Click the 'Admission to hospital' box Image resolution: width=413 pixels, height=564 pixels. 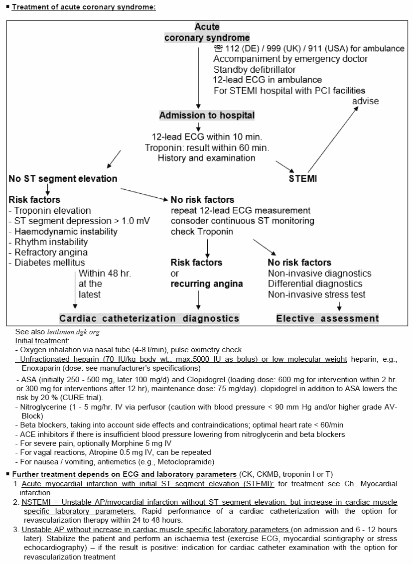pyautogui.click(x=207, y=116)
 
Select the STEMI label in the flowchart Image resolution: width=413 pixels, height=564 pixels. pyautogui.click(x=302, y=179)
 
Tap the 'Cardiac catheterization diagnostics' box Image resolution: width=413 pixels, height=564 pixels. pyautogui.click(x=149, y=318)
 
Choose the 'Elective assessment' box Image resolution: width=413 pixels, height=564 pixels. pyautogui.click(x=327, y=318)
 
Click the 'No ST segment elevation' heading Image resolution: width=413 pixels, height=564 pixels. pyautogui.click(x=63, y=178)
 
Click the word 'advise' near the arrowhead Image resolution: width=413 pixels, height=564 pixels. pyautogui.click(x=366, y=101)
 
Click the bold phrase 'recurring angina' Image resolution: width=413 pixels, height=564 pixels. pyautogui.click(x=207, y=284)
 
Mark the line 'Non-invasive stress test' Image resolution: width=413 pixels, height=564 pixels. pyautogui.click(x=316, y=294)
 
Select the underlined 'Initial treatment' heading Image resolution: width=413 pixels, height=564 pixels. pyautogui.click(x=42, y=341)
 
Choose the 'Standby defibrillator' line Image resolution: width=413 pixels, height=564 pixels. pyautogui.click(x=255, y=69)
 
